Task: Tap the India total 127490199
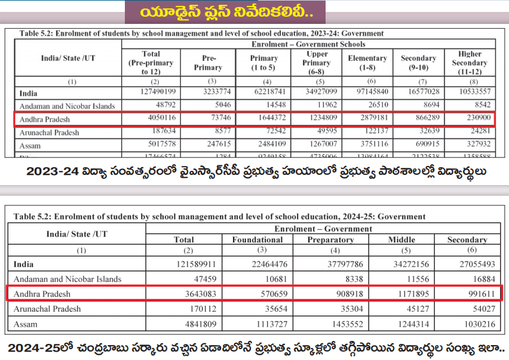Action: point(151,93)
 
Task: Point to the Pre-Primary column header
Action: point(208,63)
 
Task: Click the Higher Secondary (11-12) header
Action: point(470,63)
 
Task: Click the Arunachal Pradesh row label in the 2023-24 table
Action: point(49,133)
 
